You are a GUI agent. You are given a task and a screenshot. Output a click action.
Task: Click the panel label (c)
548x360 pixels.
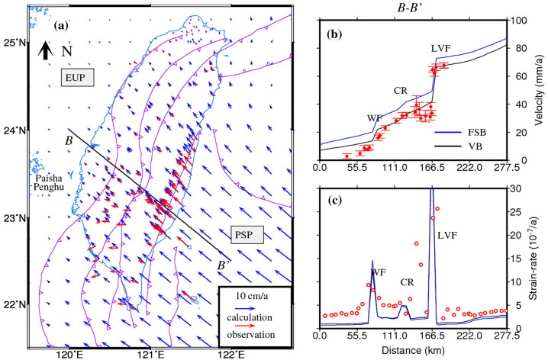(334, 201)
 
